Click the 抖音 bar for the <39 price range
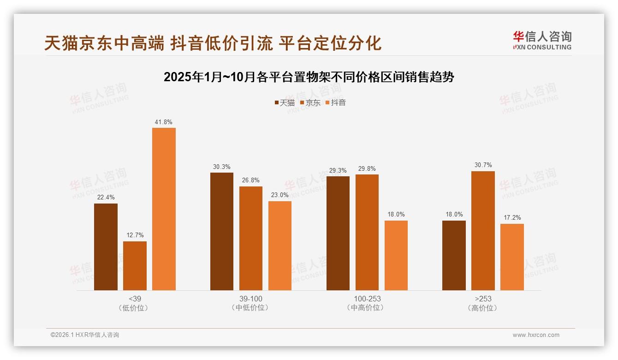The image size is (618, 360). (164, 209)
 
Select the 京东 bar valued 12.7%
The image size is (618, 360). (135, 266)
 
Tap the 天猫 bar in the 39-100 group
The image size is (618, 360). (222, 231)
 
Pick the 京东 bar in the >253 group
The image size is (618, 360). (483, 230)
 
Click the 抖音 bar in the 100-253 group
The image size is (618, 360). (396, 255)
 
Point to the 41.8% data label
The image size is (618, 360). (164, 122)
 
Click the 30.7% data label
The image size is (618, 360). (483, 165)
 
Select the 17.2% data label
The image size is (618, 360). (512, 218)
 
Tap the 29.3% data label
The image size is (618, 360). (338, 170)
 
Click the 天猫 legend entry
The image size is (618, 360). (285, 103)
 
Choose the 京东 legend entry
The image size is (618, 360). (310, 103)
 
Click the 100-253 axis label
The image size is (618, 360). (367, 299)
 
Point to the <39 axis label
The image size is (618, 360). (135, 299)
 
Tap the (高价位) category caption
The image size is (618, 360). (483, 308)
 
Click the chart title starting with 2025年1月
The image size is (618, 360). (309, 77)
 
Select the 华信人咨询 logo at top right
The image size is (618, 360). (542, 40)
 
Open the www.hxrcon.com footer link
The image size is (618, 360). (536, 335)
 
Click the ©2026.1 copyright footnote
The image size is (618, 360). (85, 335)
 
